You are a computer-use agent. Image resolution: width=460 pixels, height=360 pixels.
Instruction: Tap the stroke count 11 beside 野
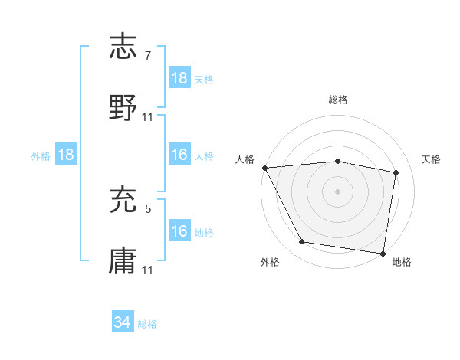[148, 116]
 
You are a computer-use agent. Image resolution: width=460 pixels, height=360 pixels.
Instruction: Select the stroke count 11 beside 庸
[148, 270]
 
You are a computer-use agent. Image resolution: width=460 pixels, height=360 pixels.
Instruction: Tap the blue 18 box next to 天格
[179, 78]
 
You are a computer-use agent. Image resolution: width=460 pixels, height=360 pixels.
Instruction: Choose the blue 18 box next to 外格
[66, 155]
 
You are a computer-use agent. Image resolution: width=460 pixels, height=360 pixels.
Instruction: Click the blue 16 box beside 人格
[179, 155]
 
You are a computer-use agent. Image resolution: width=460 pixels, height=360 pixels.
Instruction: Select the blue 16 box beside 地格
[179, 231]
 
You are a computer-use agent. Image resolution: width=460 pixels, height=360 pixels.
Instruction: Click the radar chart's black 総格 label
[338, 100]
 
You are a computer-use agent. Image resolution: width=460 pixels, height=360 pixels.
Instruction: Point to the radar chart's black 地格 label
[402, 263]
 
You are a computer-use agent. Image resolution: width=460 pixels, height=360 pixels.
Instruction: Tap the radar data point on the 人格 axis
[265, 168]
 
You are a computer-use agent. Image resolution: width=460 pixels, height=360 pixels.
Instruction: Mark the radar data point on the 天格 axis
[396, 172]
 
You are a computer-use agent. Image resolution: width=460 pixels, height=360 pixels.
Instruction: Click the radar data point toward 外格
[302, 242]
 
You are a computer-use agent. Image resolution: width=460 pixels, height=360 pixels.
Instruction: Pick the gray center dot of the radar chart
[338, 191]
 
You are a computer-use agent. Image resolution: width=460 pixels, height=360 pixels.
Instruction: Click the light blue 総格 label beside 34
[147, 324]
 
